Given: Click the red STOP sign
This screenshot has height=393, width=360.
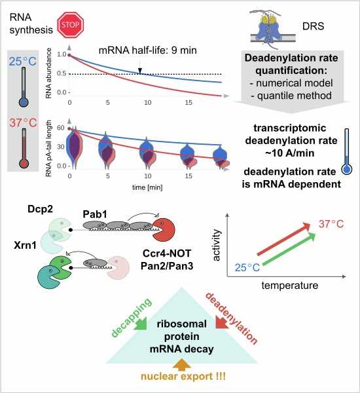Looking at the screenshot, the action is (x=70, y=25).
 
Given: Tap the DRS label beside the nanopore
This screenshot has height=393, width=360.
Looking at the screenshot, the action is (x=313, y=26).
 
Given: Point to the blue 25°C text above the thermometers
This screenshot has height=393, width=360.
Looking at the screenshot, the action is (x=23, y=62).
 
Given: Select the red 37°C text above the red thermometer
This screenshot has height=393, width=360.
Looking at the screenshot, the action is (x=23, y=123).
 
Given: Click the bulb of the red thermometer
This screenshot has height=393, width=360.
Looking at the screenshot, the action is (x=24, y=164).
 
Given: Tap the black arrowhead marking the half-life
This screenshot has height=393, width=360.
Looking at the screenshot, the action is (x=140, y=71).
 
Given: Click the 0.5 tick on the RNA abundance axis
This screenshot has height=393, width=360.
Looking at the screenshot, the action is (x=62, y=73).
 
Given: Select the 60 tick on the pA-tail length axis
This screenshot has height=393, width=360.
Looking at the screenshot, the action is (x=61, y=128).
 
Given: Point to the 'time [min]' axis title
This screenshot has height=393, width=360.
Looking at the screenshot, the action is (x=147, y=187).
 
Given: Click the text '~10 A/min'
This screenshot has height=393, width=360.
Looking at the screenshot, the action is (x=290, y=153).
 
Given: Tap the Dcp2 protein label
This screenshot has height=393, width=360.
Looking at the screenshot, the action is (x=40, y=209).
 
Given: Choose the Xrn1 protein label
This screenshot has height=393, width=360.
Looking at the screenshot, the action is (x=26, y=246).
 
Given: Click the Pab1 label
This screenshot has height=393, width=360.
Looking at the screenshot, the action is (x=95, y=214).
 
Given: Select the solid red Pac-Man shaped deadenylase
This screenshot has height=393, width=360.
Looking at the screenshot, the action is (x=164, y=230).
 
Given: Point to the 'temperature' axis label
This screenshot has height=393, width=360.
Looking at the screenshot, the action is (x=290, y=285).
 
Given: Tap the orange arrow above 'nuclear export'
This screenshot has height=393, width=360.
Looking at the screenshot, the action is (x=182, y=365).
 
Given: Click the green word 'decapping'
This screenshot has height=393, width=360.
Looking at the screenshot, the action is (x=131, y=317).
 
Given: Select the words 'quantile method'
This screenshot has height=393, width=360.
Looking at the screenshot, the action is (x=295, y=96).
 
